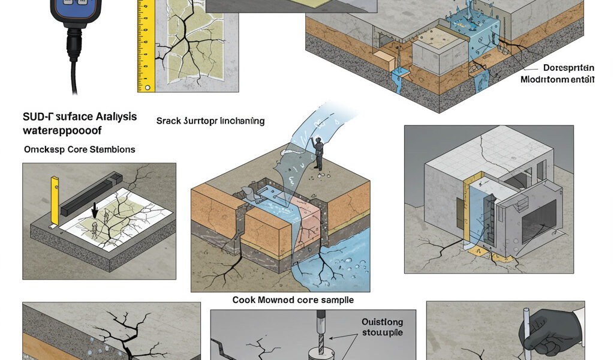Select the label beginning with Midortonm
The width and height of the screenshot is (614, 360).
tap(557, 80)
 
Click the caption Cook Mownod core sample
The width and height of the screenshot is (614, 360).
tap(293, 299)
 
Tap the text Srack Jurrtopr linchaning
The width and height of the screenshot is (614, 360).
tap(210, 121)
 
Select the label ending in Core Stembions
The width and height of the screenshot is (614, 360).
tap(79, 149)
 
